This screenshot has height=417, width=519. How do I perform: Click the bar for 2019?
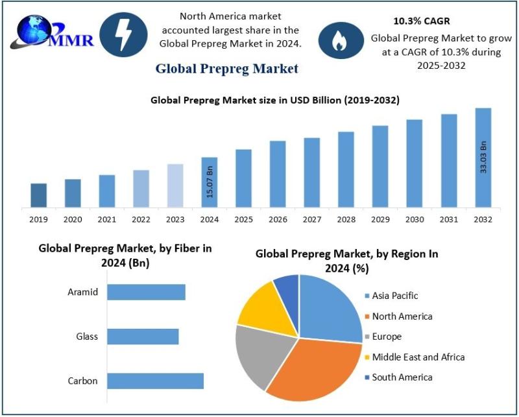pyautogui.click(x=39, y=196)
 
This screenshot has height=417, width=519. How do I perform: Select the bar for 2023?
pyautogui.click(x=175, y=186)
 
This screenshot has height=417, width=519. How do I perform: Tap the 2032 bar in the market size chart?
pyautogui.click(x=483, y=158)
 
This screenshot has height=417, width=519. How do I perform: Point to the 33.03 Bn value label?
pyautogui.click(x=483, y=156)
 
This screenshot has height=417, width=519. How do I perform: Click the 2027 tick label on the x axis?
pyautogui.click(x=312, y=220)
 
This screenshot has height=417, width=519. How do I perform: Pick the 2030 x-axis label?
pyautogui.click(x=415, y=220)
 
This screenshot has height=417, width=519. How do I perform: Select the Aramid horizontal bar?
pyautogui.click(x=146, y=292)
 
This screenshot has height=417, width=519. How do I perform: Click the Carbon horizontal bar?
pyautogui.click(x=155, y=381)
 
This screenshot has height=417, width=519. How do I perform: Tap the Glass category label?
pyautogui.click(x=86, y=337)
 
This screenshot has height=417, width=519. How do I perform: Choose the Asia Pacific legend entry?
pyautogui.click(x=395, y=296)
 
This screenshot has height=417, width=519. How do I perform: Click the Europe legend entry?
pyautogui.click(x=387, y=337)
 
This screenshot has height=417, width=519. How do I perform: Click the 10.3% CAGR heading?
pyautogui.click(x=422, y=21)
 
